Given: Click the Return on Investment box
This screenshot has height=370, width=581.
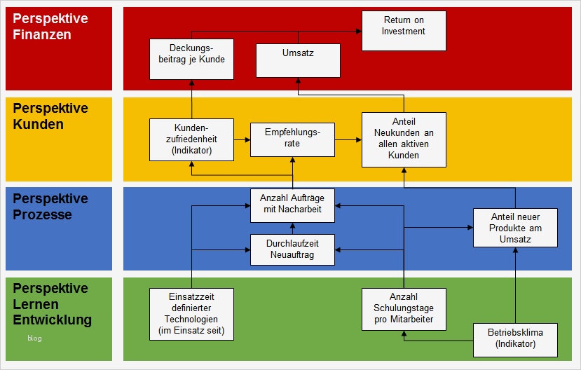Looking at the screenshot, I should (404, 31).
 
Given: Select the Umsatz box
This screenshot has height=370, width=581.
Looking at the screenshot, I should (298, 60).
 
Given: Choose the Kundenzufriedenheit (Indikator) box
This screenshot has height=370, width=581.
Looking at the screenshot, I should (191, 139).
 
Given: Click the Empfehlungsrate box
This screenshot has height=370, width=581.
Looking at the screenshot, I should (292, 138).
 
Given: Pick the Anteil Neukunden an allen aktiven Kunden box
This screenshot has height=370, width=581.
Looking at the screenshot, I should (404, 139).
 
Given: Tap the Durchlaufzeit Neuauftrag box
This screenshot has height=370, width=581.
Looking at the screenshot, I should (292, 249).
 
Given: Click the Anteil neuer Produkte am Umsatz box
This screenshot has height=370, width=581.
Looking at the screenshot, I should (515, 228).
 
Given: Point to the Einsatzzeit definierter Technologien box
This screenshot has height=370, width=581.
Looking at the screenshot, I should (191, 314).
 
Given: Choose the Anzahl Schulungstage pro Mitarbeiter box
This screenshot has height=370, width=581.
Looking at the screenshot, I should (404, 309).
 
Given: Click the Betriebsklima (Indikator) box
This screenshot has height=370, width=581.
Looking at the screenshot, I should (515, 338).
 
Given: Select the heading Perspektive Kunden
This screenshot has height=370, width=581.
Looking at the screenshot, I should (50, 116).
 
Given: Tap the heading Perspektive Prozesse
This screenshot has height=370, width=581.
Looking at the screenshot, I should (50, 207).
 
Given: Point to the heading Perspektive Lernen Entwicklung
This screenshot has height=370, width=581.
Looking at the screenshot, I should (52, 304).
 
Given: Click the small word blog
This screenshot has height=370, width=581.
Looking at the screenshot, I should (35, 338).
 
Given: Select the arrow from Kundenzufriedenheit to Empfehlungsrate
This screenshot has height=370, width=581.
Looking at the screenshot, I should (242, 139).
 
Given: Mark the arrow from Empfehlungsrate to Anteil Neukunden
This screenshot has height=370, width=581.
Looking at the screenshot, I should (348, 139).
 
